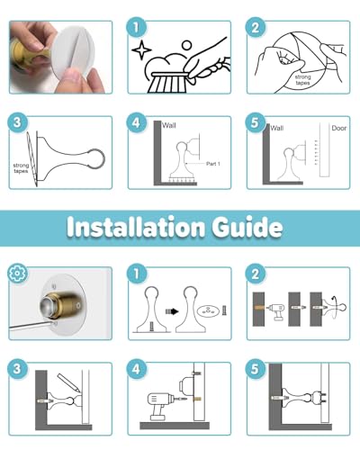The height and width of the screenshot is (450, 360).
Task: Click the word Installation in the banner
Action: click(136, 227)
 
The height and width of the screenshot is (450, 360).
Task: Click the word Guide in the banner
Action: click(247, 227)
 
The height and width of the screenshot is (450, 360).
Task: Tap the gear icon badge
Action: click(17, 273)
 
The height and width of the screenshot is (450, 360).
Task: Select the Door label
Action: click(339, 128)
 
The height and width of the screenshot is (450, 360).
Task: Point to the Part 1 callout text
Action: click(213, 164)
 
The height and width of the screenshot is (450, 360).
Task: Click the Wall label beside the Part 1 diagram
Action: click(169, 125)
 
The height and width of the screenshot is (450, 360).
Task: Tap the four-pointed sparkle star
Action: click(141, 49)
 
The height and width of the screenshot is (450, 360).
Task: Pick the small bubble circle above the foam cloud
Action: click(187, 46)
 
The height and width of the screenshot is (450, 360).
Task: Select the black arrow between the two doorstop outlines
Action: click(172, 311)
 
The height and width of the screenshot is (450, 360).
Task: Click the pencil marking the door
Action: click(68, 382)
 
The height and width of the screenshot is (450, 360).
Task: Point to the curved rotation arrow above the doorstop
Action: click(334, 300)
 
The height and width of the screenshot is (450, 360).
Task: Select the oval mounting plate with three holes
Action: click(208, 310)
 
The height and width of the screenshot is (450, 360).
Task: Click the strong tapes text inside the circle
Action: click(302, 80)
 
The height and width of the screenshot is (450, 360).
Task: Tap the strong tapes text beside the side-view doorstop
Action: click(21, 168)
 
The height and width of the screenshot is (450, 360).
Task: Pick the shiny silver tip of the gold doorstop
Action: click(49, 306)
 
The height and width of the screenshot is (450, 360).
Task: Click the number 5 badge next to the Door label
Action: click(255, 122)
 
